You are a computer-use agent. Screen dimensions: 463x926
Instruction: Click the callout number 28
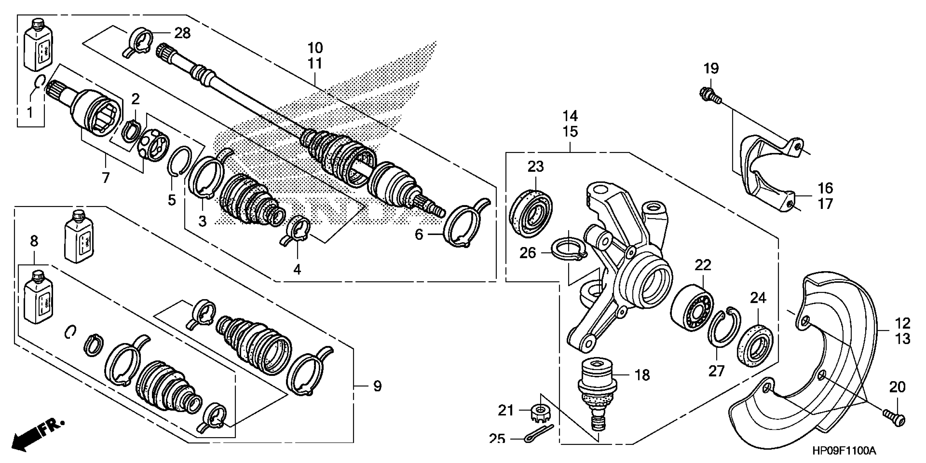pos(182,33)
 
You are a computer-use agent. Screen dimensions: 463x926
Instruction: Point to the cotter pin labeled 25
pos(538,433)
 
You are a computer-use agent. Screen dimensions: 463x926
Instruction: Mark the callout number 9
pos(377,386)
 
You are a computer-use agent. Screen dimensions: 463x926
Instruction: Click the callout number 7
pos(105,177)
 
